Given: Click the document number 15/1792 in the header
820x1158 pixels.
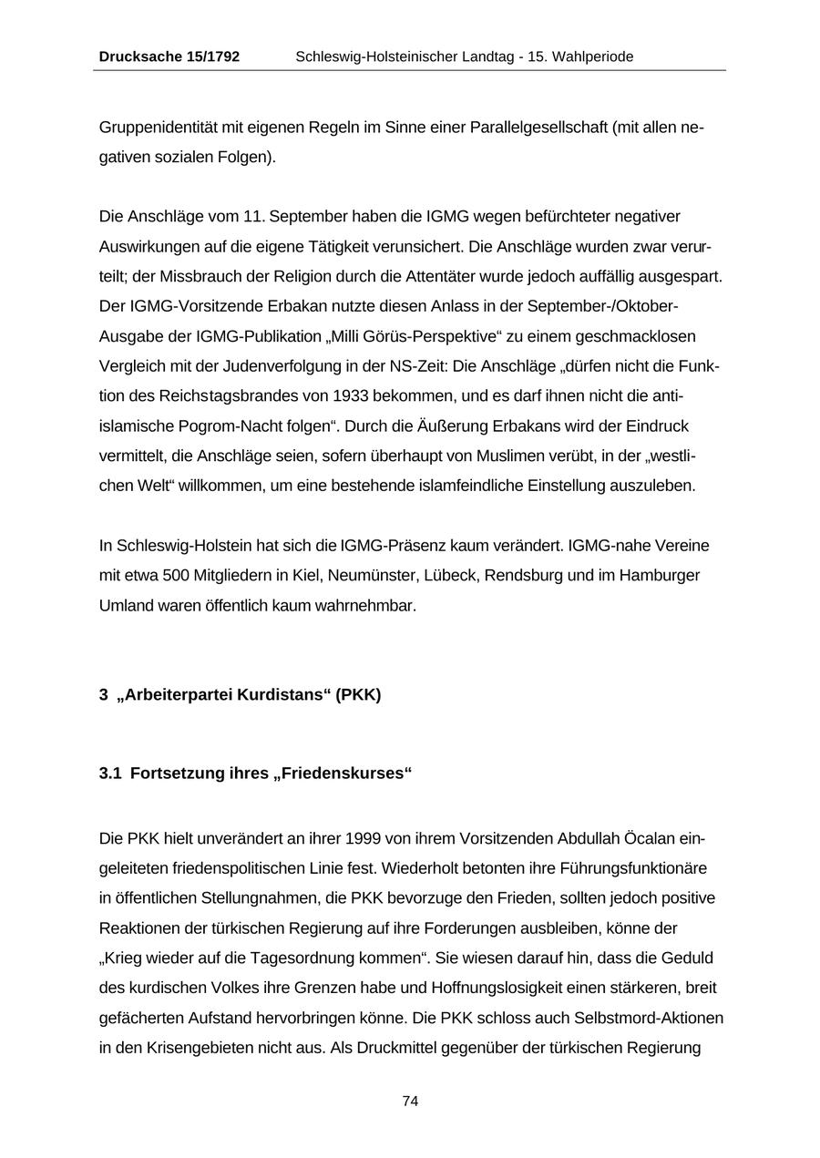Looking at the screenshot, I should pyautogui.click(x=213, y=56).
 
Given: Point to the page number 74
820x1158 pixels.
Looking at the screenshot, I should pyautogui.click(x=410, y=1101).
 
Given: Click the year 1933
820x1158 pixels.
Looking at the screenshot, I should pyautogui.click(x=352, y=396).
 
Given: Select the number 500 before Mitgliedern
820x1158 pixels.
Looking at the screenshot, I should pyautogui.click(x=176, y=575).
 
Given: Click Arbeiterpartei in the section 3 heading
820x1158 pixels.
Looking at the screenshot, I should pyautogui.click(x=175, y=694).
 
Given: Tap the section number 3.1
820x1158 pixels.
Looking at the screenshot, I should pyautogui.click(x=110, y=773).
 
